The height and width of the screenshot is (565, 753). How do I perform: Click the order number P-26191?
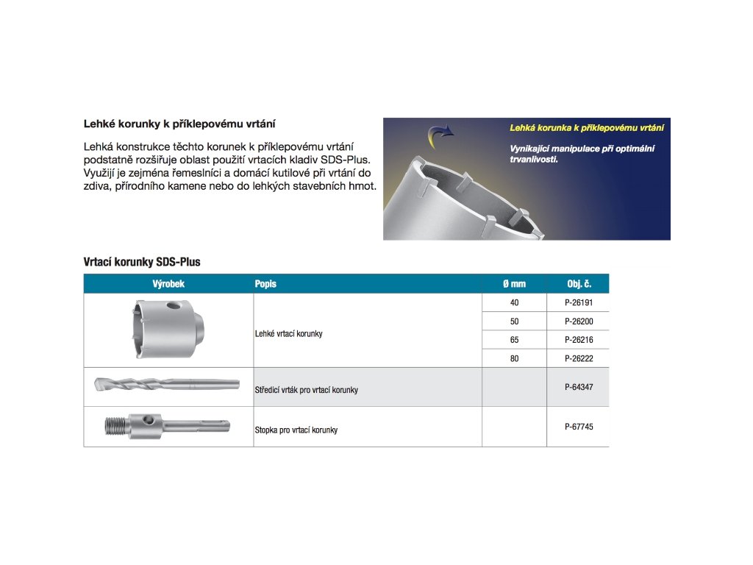578,303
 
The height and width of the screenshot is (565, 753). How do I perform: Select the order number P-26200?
578,321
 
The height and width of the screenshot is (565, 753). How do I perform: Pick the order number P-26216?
578,340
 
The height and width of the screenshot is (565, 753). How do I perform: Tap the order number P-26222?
578,358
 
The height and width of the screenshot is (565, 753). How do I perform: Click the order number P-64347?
578,385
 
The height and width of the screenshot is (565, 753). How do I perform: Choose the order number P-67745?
578,426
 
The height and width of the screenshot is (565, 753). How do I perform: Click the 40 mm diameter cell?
514,303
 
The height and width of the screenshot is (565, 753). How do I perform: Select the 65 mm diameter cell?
514,340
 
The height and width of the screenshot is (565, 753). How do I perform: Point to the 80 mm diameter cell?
514,358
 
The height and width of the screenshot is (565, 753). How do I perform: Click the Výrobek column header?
168,284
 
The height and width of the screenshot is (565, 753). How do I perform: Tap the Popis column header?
265,284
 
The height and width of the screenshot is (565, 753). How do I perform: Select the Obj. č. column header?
579,284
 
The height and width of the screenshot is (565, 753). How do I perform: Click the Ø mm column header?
514,284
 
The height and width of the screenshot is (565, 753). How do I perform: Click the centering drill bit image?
166,384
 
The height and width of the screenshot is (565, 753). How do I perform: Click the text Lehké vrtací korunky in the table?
288,334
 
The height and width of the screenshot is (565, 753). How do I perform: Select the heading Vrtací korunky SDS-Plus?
142,262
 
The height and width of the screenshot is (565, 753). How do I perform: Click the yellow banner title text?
587,128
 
